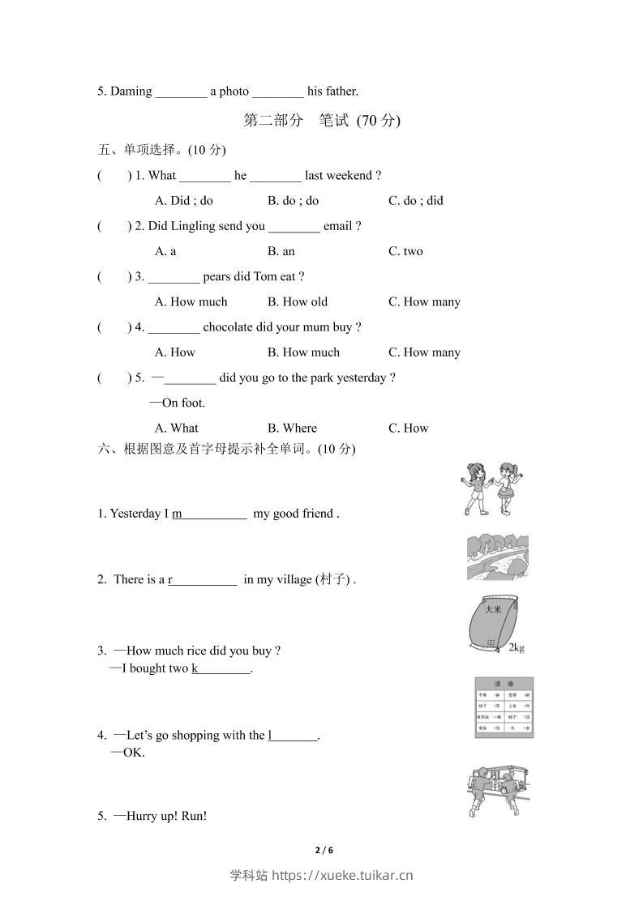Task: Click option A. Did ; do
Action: pyautogui.click(x=183, y=201)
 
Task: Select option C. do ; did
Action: pyautogui.click(x=415, y=201)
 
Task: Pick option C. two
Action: pyautogui.click(x=405, y=251)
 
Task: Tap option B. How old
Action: pyautogui.click(x=297, y=302)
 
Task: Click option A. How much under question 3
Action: pyautogui.click(x=191, y=302)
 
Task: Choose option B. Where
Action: pyautogui.click(x=292, y=429)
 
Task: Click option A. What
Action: pyautogui.click(x=176, y=429)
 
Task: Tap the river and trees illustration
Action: pyautogui.click(x=498, y=557)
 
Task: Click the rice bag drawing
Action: pyautogui.click(x=492, y=624)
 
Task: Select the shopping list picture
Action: pyautogui.click(x=503, y=708)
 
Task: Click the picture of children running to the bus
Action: pyautogui.click(x=499, y=791)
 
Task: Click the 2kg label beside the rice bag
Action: pyautogui.click(x=517, y=647)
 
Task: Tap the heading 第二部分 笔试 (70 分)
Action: pyautogui.click(x=322, y=121)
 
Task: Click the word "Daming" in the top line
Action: pyautogui.click(x=131, y=92)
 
